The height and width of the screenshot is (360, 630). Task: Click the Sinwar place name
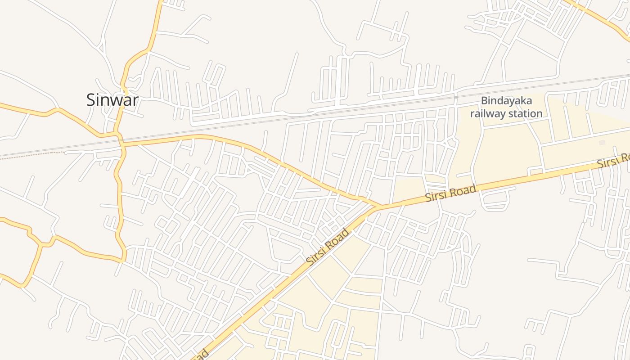112,99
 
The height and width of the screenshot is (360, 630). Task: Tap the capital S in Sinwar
91,99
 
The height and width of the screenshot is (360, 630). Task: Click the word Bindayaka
506,101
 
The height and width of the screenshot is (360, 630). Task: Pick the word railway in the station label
487,113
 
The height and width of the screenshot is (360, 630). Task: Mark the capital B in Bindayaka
484,101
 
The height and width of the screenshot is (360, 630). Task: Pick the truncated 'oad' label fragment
202,354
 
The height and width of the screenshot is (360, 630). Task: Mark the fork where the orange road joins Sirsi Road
377,206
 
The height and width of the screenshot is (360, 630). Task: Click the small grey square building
602,142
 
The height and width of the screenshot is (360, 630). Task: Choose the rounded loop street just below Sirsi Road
497,200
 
